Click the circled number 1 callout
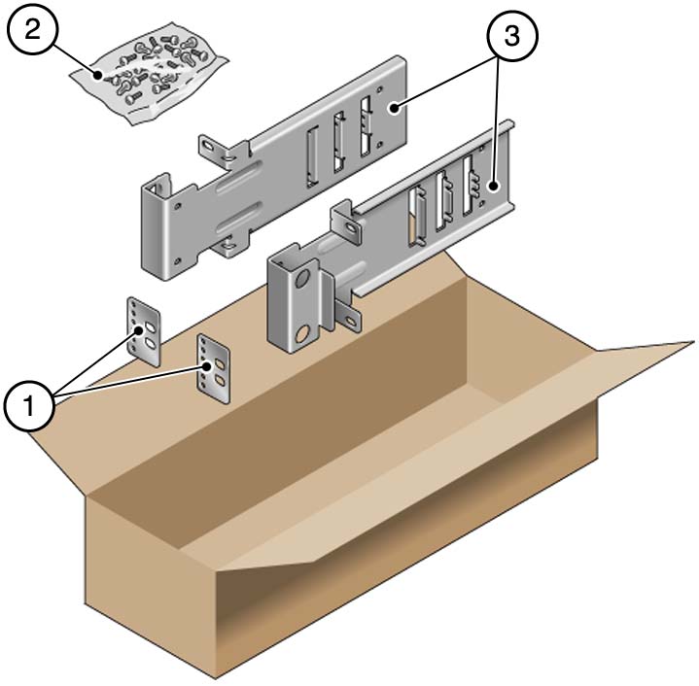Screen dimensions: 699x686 pyautogui.click(x=29, y=406)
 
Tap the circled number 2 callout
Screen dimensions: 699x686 pyautogui.click(x=33, y=31)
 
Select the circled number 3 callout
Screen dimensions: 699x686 pyautogui.click(x=512, y=36)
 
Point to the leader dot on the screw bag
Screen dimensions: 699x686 pyautogui.click(x=97, y=75)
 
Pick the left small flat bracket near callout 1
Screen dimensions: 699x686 pyautogui.click(x=144, y=332)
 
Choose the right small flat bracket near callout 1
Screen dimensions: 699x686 pyautogui.click(x=214, y=369)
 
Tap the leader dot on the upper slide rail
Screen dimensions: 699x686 pyautogui.click(x=395, y=107)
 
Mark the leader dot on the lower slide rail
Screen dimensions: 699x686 pyautogui.click(x=493, y=187)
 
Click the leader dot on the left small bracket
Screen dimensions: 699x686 pyautogui.click(x=140, y=330)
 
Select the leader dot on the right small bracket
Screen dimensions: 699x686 pyautogui.click(x=207, y=366)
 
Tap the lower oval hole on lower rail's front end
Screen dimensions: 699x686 pyautogui.click(x=303, y=333)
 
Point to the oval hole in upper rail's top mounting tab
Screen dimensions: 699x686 pyautogui.click(x=209, y=146)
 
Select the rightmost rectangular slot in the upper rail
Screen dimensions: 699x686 pyautogui.click(x=366, y=123)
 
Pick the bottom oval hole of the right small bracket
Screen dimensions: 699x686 pyautogui.click(x=220, y=380)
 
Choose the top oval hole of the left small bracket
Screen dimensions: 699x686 pyautogui.click(x=151, y=327)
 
